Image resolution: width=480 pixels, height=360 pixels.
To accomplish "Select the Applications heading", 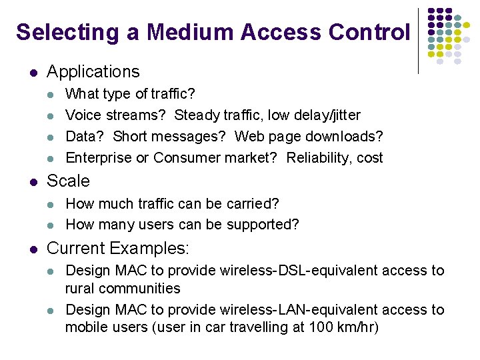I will (93, 71).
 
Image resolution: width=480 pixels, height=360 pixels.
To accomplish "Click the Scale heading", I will (68, 181).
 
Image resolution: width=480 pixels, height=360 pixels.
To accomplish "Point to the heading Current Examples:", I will (118, 249).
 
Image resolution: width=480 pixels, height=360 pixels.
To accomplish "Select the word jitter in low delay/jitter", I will (344, 115).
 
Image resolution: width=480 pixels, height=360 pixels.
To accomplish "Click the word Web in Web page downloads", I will (250, 136).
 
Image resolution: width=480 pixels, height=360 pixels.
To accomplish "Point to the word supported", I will (263, 224).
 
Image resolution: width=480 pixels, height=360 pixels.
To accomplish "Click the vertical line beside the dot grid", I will (419, 40).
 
